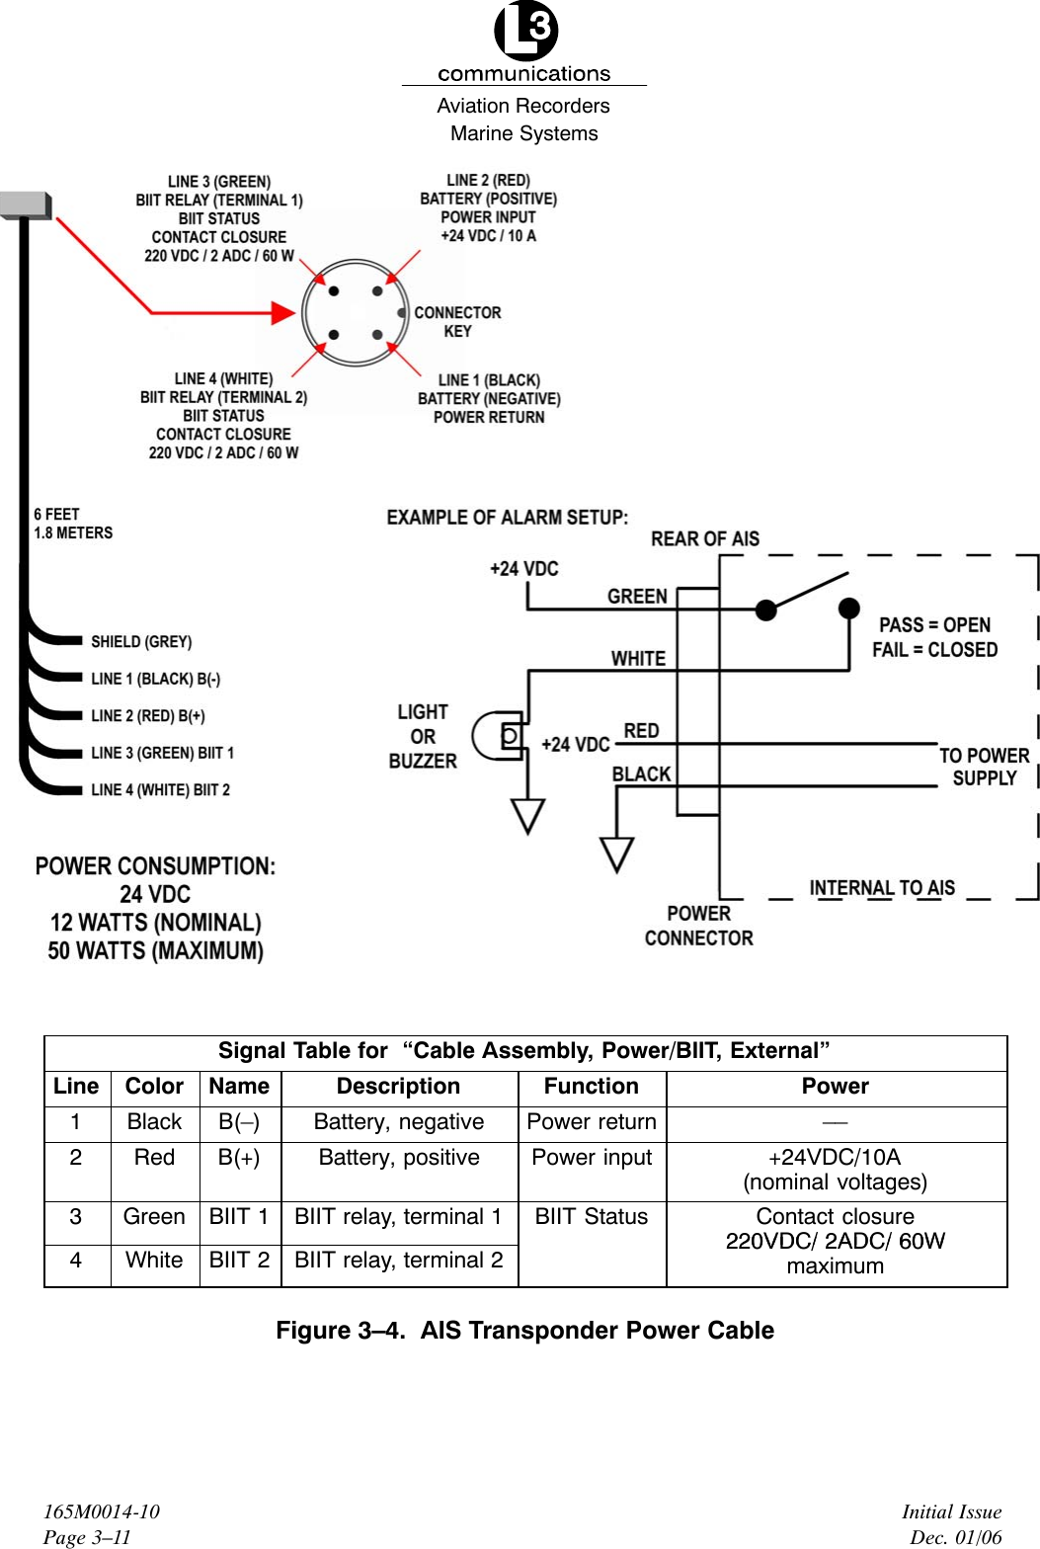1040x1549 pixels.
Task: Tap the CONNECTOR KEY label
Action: [457, 322]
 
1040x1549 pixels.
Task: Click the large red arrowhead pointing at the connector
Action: [282, 313]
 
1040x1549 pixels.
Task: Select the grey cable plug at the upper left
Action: [26, 204]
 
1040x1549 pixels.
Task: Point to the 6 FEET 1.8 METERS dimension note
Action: [73, 524]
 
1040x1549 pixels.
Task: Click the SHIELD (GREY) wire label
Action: [141, 642]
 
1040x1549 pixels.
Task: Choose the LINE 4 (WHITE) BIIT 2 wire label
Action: [160, 790]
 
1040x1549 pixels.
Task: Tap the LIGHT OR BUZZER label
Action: [423, 737]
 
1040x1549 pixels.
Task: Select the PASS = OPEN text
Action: [934, 625]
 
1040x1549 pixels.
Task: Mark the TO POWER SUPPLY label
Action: [984, 767]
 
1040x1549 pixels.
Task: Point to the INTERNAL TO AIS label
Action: [882, 888]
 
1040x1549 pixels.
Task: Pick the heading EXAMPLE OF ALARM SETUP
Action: [507, 518]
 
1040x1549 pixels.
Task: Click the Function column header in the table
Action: [592, 1087]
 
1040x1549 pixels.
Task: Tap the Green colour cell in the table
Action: [154, 1217]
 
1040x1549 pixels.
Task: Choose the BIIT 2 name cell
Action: [239, 1261]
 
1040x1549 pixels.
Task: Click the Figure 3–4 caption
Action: [524, 1331]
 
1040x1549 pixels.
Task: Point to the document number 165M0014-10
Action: [101, 1511]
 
